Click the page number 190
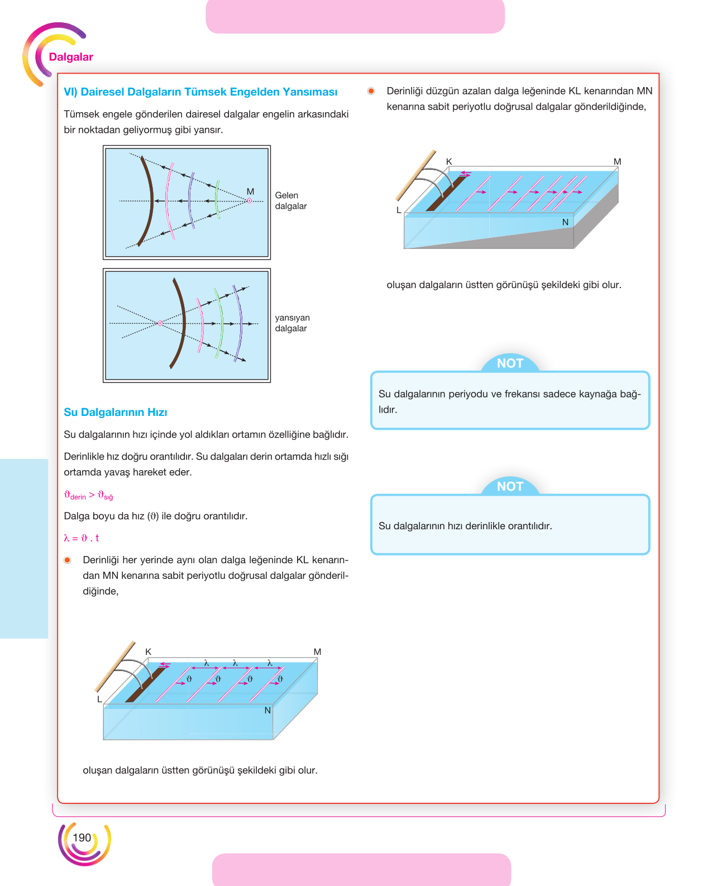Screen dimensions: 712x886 [82, 837]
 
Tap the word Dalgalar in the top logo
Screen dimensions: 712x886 [71, 57]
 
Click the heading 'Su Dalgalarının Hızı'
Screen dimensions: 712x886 [115, 412]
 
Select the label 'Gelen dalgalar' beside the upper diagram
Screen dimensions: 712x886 [291, 200]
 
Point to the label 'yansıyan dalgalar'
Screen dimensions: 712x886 [292, 323]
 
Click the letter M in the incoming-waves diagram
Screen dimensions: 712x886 [250, 191]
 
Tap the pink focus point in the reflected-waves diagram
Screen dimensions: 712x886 [160, 323]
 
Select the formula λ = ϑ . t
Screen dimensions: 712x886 [81, 538]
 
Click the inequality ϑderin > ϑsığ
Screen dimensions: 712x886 [88, 495]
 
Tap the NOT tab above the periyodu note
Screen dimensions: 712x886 [510, 363]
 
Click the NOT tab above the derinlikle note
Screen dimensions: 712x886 [510, 486]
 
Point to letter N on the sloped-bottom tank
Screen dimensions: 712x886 [565, 222]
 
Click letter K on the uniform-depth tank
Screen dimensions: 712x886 [148, 652]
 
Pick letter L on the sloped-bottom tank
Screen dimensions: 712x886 [399, 210]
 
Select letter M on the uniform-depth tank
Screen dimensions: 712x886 [317, 652]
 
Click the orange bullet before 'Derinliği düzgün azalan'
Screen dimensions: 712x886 [371, 91]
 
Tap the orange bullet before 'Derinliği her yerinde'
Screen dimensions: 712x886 [68, 560]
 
